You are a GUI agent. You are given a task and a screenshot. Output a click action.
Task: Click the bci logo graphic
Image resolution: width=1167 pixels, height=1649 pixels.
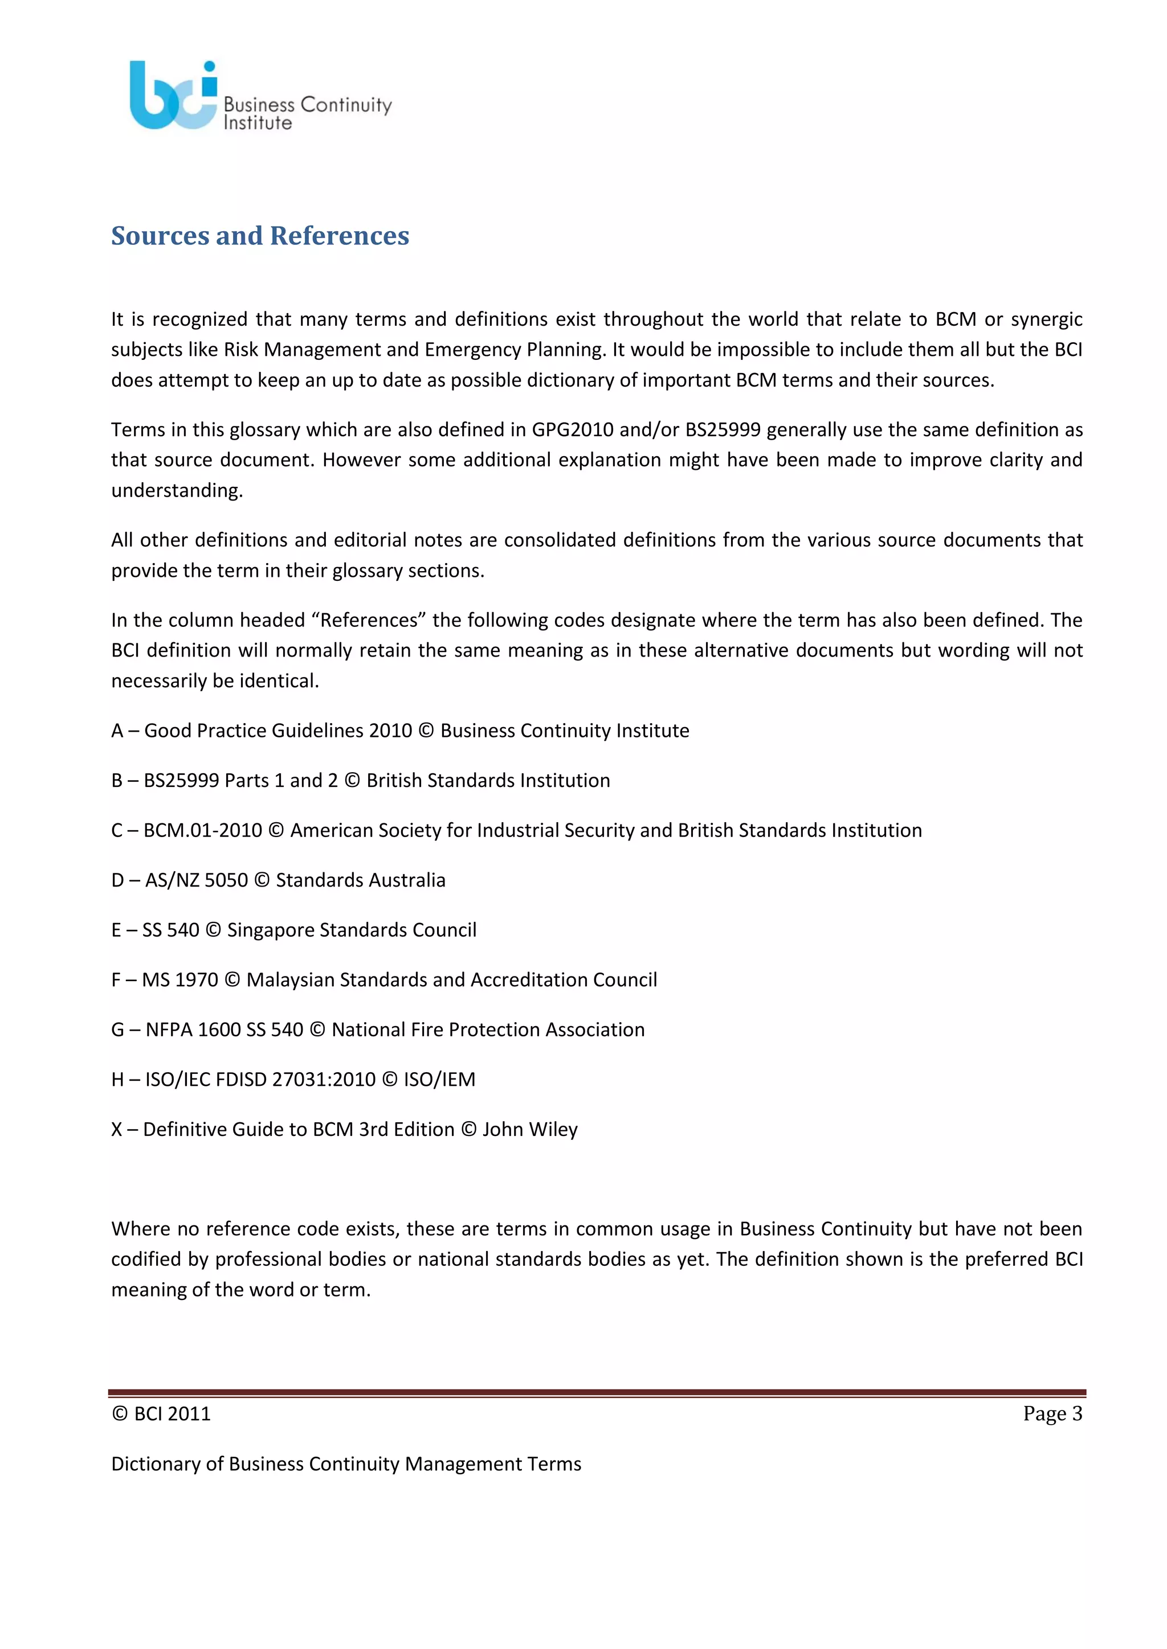point(173,96)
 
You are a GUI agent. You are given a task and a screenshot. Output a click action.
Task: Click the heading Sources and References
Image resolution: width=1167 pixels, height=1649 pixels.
point(260,236)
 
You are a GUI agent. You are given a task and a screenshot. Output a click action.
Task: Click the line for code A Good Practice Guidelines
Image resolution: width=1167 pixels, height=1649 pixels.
point(400,731)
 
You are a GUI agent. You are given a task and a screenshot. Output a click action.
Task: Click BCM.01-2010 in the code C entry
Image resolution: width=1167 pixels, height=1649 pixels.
point(203,830)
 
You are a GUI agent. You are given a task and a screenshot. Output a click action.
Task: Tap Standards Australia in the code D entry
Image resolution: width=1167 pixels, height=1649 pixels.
point(361,880)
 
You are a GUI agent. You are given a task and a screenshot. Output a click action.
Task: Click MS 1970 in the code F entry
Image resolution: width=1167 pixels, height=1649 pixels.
point(179,979)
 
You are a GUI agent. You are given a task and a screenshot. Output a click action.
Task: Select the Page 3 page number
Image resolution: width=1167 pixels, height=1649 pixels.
point(1052,1413)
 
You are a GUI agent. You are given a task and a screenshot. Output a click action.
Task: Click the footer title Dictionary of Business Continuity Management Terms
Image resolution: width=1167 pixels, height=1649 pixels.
point(346,1464)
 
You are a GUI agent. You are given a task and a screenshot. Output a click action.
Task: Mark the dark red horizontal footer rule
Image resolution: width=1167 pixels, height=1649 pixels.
point(597,1393)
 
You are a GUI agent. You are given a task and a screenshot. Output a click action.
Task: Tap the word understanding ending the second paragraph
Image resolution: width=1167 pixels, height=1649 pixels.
point(176,490)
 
